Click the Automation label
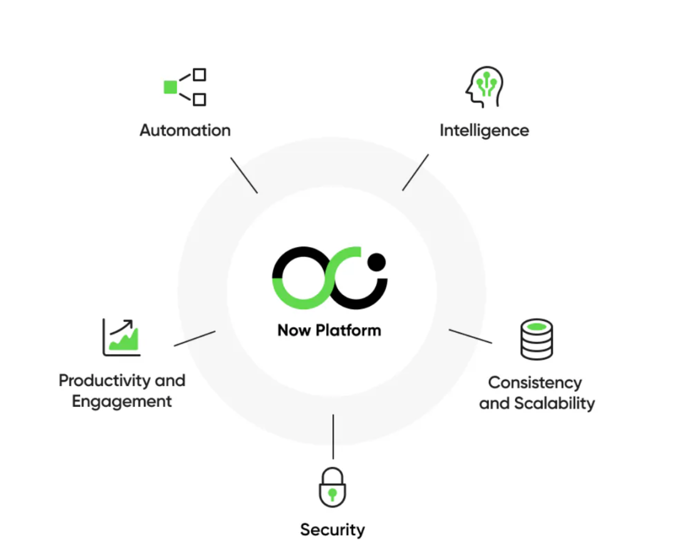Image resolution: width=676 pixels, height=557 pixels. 185,130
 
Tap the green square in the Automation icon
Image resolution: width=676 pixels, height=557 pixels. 170,87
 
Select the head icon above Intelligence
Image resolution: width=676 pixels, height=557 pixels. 484,87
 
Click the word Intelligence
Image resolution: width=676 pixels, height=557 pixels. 484,130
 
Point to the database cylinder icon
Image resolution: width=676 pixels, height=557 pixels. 537,339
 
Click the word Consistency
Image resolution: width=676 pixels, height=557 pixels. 535,382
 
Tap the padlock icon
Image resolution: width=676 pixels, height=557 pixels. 332,487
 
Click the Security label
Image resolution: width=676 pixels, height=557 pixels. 332,529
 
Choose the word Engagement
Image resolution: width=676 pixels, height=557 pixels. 121,401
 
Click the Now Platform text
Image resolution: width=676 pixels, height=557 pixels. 329,330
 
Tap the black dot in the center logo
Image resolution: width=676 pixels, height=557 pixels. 377,261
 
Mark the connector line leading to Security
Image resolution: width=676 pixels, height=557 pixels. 333,436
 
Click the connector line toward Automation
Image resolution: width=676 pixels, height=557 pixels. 244,175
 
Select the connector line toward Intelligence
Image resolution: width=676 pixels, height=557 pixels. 416,172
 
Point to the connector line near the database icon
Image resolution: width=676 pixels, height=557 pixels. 470,336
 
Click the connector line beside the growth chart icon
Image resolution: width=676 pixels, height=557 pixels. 195,339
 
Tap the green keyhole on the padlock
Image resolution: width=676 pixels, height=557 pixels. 332,494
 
